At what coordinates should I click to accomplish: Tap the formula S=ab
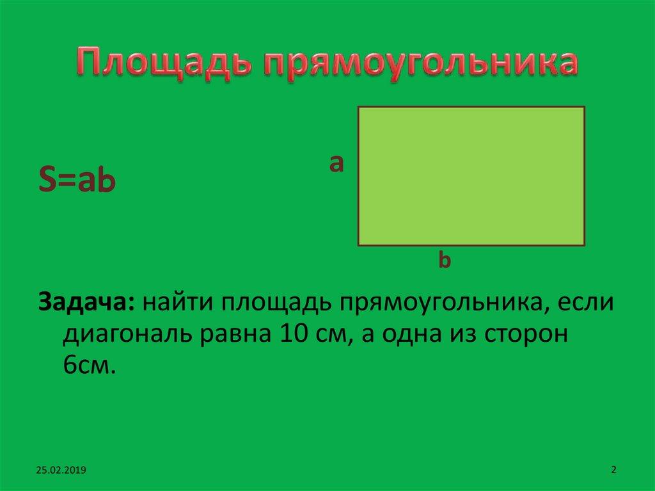click(77, 182)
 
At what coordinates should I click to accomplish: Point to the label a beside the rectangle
click(336, 164)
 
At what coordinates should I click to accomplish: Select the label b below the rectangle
click(445, 261)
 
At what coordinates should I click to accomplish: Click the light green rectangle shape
click(471, 176)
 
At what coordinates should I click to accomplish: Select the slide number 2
click(613, 469)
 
